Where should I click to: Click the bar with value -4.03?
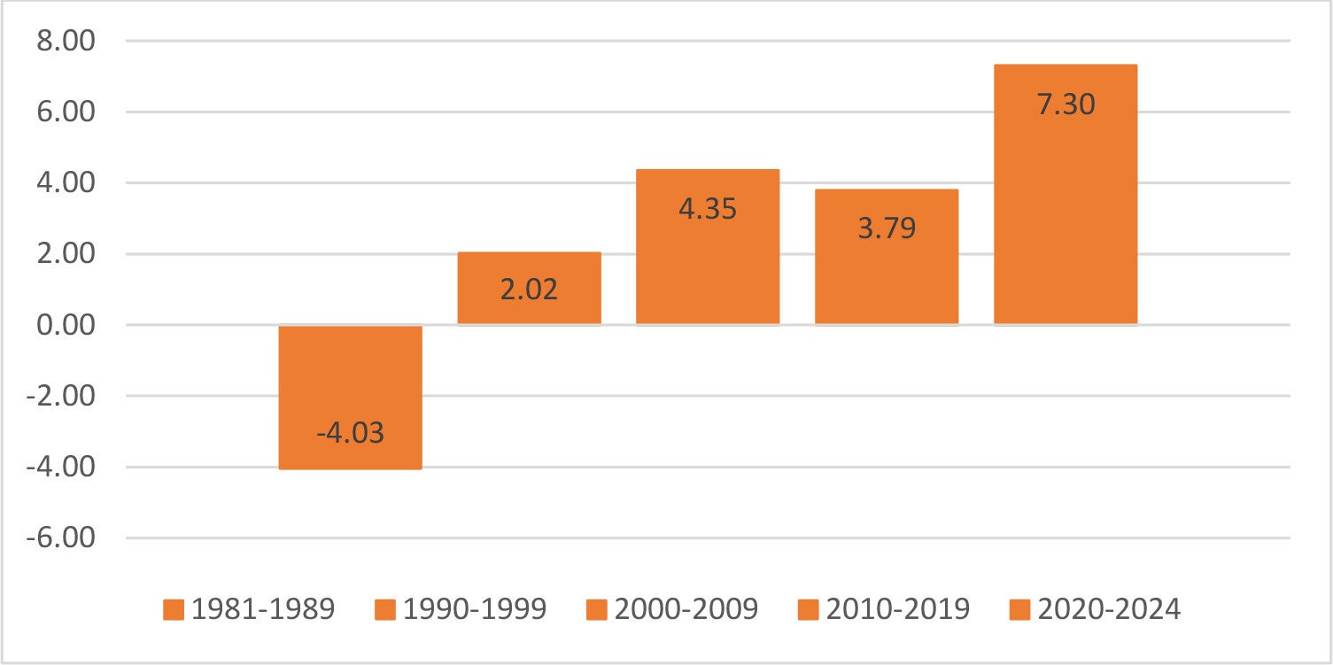[351, 398]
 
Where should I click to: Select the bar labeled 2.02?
[529, 288]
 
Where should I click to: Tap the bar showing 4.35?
[708, 247]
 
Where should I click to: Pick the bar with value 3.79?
[887, 257]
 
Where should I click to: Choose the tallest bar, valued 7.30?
[1066, 194]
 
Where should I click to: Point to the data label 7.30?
[1066, 104]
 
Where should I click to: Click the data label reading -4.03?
[351, 432]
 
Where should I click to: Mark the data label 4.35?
[708, 209]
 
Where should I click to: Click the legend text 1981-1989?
[263, 609]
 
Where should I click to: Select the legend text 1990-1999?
[474, 609]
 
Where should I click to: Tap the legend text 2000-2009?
[686, 609]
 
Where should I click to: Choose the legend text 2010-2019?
[898, 609]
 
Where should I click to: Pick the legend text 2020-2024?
[1109, 609]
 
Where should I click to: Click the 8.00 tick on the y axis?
[66, 41]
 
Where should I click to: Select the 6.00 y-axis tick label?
[66, 112]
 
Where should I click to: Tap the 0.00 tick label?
[66, 325]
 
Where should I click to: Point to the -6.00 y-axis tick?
[61, 538]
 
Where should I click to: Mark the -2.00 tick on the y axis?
[61, 396]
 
